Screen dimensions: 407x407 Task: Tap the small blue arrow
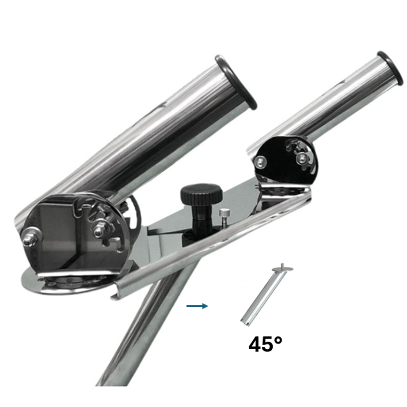click(x=197, y=306)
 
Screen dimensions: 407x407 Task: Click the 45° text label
click(x=265, y=344)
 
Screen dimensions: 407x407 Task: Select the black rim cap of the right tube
click(x=391, y=68)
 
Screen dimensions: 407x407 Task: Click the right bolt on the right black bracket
click(x=302, y=157)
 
